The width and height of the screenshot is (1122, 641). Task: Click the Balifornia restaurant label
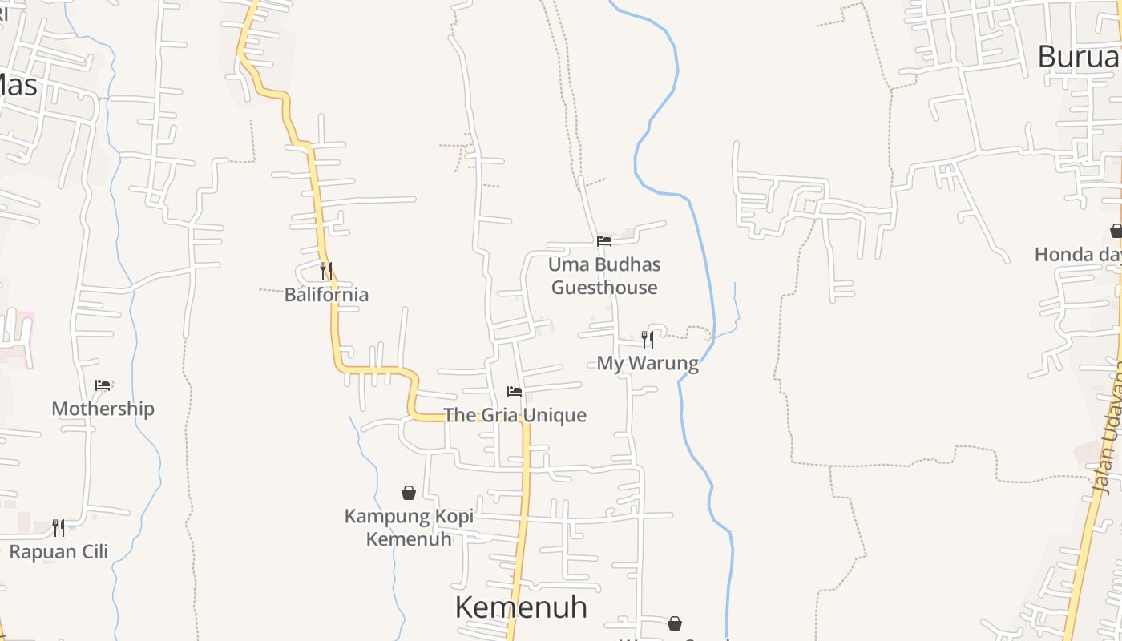click(x=326, y=295)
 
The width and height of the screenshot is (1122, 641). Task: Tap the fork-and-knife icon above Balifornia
click(x=325, y=270)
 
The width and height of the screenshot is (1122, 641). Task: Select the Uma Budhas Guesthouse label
click(x=604, y=276)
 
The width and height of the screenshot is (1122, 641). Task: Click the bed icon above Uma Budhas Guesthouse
click(x=604, y=240)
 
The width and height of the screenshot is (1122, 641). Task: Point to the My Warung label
click(x=648, y=364)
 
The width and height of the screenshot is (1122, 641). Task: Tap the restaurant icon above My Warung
click(x=647, y=340)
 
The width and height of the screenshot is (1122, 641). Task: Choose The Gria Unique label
click(x=515, y=415)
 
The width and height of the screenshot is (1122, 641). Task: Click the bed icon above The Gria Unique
click(x=515, y=392)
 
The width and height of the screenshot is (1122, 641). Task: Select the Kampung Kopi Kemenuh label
click(x=409, y=527)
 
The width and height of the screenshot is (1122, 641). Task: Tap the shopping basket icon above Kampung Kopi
click(x=409, y=493)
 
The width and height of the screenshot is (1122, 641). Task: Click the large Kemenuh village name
click(x=521, y=607)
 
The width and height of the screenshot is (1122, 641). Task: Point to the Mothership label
click(x=103, y=409)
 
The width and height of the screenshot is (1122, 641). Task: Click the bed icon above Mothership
click(x=103, y=385)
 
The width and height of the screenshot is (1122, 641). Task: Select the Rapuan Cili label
click(x=59, y=552)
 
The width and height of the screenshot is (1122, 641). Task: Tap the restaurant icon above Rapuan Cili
click(x=59, y=527)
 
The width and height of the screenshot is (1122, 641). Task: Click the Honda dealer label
click(x=1077, y=255)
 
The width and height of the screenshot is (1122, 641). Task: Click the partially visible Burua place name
click(x=1079, y=57)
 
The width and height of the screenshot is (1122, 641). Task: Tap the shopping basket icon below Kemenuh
click(x=675, y=623)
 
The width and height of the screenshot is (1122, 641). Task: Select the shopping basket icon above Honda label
click(x=1116, y=231)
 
